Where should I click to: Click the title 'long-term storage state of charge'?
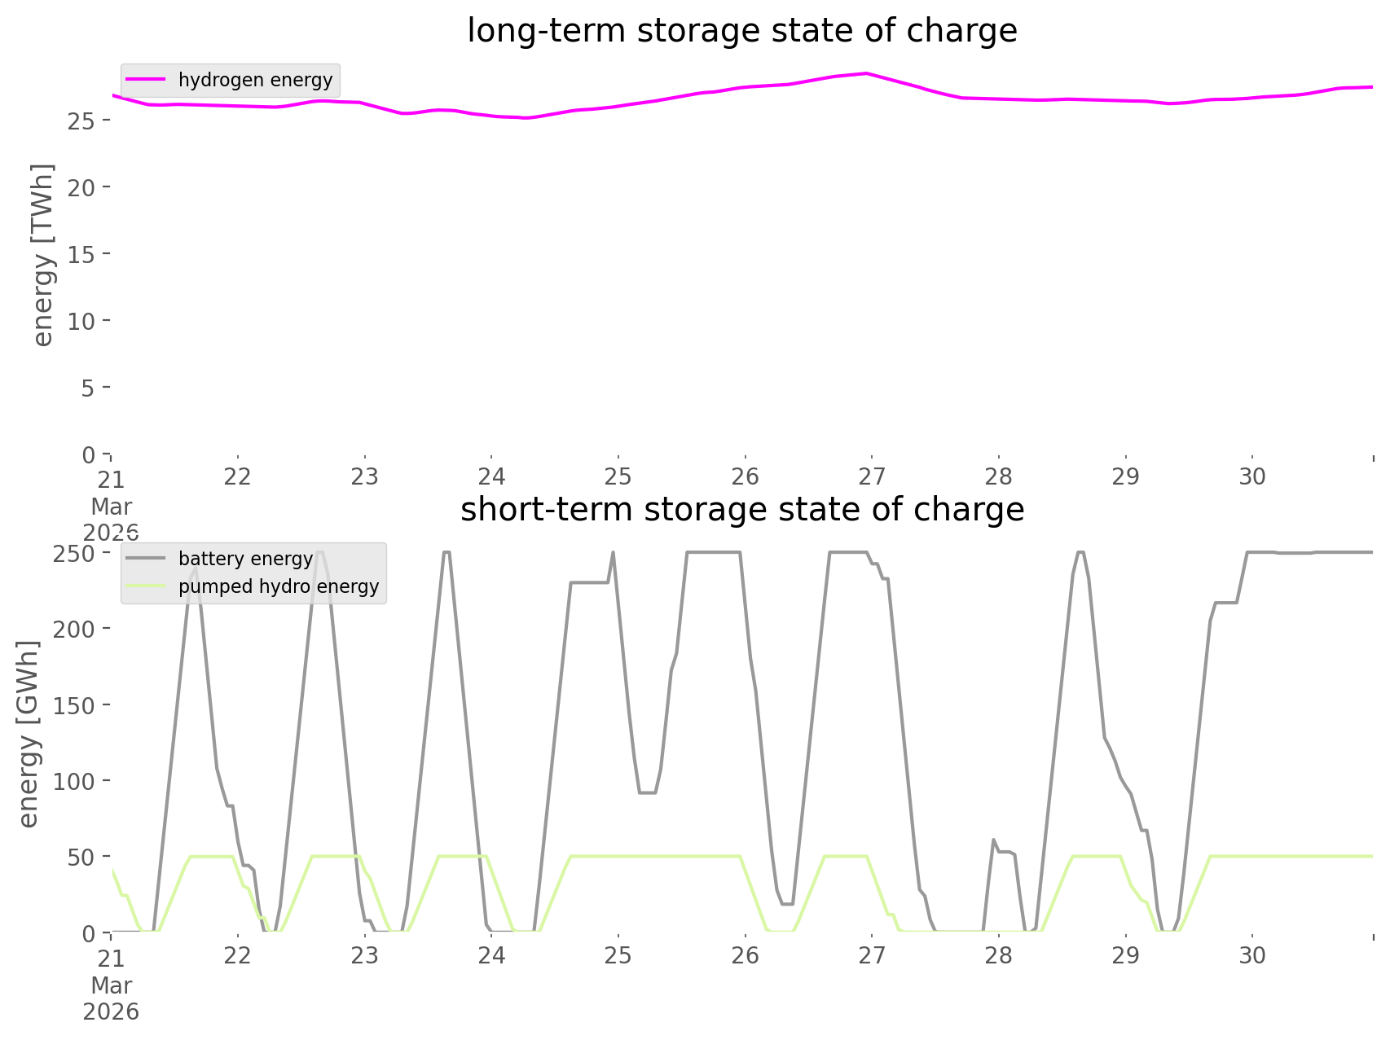pyautogui.click(x=741, y=31)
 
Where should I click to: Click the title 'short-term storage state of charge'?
pyautogui.click(x=741, y=510)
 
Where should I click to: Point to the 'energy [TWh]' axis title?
pyautogui.click(x=42, y=254)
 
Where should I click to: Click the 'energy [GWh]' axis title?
pyautogui.click(x=28, y=733)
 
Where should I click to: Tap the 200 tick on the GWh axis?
pyautogui.click(x=75, y=629)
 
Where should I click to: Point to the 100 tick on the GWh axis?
pyautogui.click(x=75, y=781)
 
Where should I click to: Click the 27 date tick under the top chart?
pyautogui.click(x=872, y=476)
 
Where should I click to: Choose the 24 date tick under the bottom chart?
pyautogui.click(x=491, y=955)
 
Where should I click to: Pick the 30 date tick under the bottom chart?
pyautogui.click(x=1252, y=955)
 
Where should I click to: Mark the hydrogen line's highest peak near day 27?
pyautogui.click(x=866, y=73)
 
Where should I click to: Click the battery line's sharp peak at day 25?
pyautogui.click(x=613, y=553)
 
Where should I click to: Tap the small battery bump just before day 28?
pyautogui.click(x=993, y=840)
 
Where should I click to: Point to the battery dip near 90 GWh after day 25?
pyautogui.click(x=647, y=792)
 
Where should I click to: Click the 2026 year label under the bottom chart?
pyautogui.click(x=111, y=1012)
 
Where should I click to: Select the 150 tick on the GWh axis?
pyautogui.click(x=75, y=705)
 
